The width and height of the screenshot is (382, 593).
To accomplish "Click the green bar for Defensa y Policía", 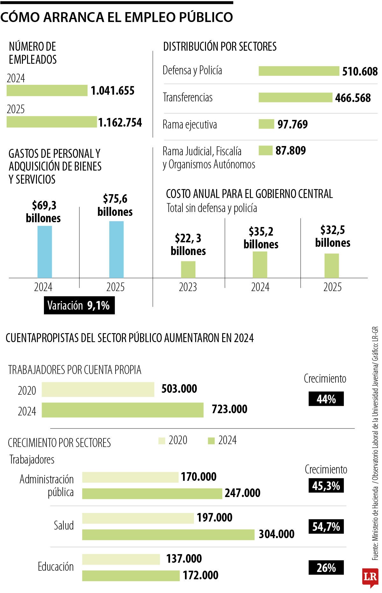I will [299, 71].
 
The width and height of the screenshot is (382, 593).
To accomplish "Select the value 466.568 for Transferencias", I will [353, 98].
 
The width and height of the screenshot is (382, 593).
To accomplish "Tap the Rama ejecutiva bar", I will [266, 124].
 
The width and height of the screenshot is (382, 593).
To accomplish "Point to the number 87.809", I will [290, 151].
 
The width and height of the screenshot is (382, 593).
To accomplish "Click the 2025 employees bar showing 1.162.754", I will [51, 122].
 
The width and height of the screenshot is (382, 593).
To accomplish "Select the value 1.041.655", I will [112, 91].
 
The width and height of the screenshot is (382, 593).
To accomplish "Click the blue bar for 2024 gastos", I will [45, 252].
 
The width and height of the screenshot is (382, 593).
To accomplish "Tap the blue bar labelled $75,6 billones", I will [116, 249].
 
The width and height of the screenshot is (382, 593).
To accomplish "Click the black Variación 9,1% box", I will [79, 306].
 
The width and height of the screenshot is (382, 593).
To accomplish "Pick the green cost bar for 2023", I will [188, 269].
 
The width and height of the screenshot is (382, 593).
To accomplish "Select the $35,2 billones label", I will [261, 238].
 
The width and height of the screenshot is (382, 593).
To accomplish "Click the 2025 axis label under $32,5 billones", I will [332, 287].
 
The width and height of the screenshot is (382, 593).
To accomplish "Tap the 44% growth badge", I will [326, 399].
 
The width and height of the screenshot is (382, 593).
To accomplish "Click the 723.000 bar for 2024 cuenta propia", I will [123, 410].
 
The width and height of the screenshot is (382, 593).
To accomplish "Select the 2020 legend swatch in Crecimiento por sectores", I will [162, 441].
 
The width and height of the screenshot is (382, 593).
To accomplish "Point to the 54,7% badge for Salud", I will [326, 527].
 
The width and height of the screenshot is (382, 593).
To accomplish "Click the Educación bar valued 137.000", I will [121, 559].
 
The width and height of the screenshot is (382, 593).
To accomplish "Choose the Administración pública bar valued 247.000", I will [152, 494].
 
